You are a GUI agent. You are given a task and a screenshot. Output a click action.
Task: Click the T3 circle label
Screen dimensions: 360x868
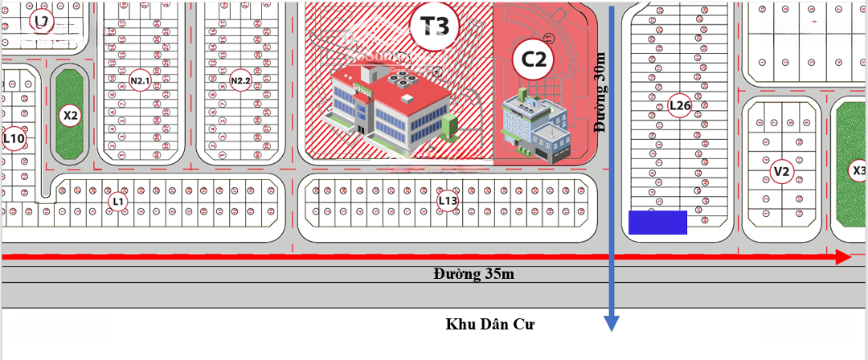tap(435, 27)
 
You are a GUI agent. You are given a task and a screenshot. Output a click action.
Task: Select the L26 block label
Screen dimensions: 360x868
tap(680, 104)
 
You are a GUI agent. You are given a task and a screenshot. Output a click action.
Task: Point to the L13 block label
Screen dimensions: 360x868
tap(448, 200)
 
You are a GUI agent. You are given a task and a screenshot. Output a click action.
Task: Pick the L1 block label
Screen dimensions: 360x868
tap(118, 200)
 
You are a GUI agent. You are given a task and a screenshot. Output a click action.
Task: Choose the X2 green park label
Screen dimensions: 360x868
tap(71, 115)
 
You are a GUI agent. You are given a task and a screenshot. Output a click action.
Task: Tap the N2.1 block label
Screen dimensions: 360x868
tap(140, 80)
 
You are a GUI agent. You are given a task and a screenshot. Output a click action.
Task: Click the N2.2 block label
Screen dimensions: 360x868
tap(240, 80)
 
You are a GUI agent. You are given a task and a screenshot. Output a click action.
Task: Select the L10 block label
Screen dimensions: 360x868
tap(14, 138)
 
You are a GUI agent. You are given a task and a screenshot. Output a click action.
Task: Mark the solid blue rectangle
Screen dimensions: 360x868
tap(657, 223)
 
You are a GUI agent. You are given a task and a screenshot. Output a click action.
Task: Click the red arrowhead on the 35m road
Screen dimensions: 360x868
tap(842, 257)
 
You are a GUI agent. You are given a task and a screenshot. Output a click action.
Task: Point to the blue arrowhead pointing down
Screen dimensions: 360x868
tap(612, 323)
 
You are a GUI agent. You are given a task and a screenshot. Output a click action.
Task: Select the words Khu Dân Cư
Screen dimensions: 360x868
tap(490, 325)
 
